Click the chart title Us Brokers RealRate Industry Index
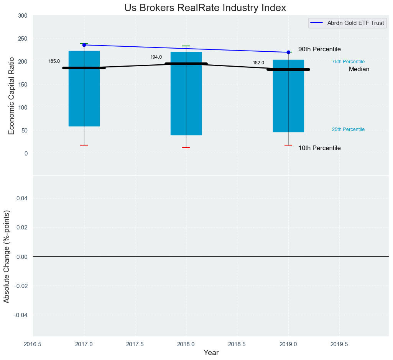coord(205,8)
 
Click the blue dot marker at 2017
coord(84,45)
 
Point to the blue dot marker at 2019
coord(288,52)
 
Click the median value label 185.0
coord(54,61)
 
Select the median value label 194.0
coord(156,57)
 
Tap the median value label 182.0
coord(258,63)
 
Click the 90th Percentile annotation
coord(319,49)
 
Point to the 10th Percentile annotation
coord(319,148)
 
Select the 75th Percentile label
coord(348,62)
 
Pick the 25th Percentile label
coord(348,129)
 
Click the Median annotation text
coord(359,69)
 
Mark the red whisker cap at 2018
coord(186,147)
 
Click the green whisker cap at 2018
coord(186,46)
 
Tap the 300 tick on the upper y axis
coord(23,16)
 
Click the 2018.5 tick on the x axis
coord(237,344)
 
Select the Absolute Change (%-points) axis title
coord(7,256)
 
